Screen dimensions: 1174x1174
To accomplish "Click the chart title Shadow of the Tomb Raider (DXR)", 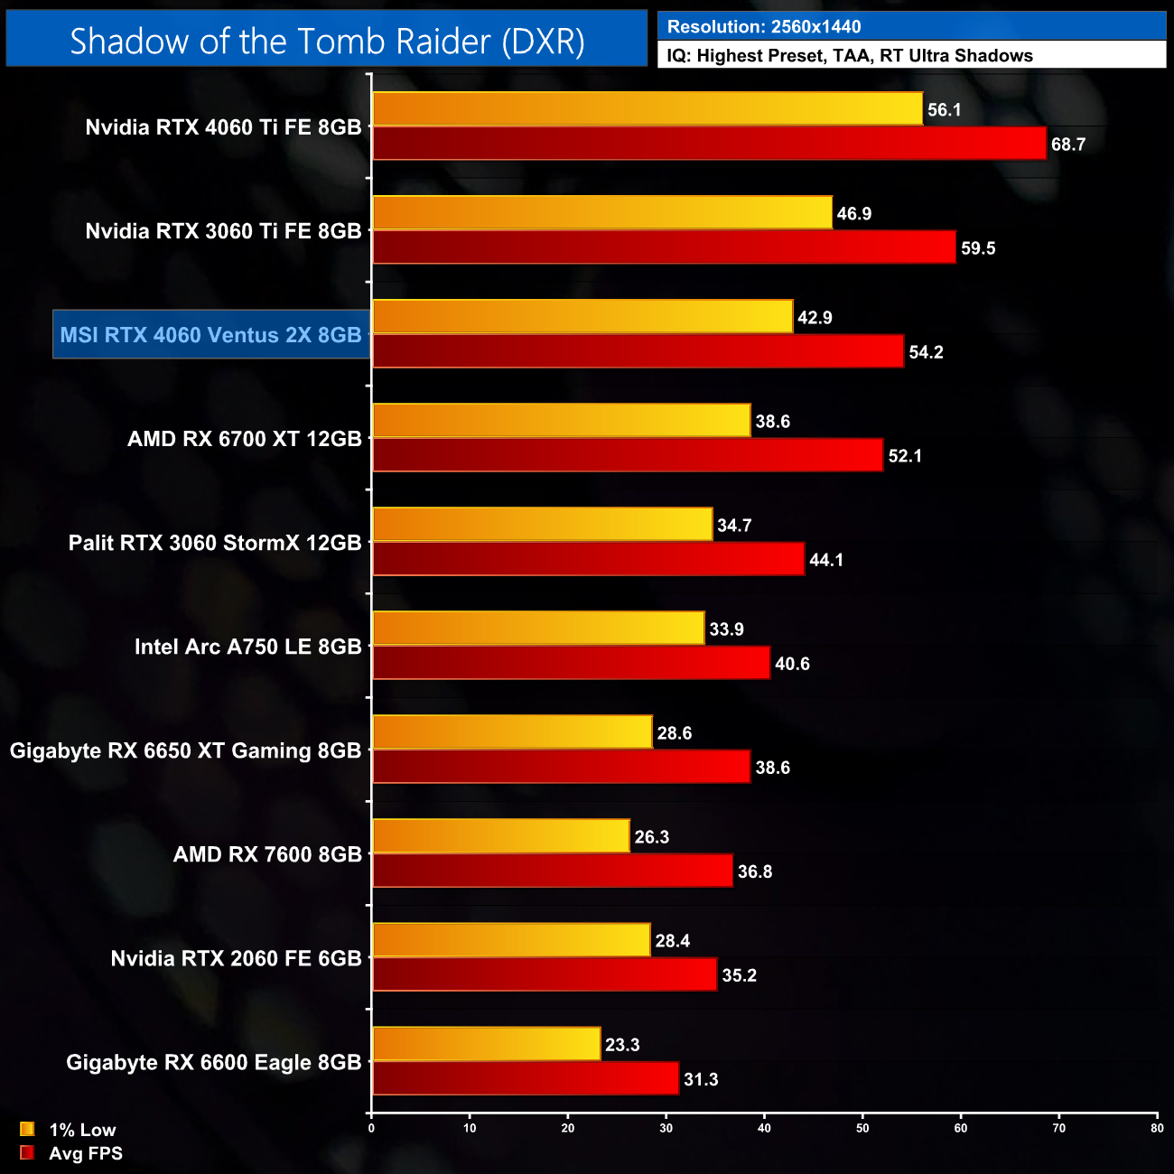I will pos(327,41).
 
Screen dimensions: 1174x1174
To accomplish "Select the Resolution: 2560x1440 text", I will pos(763,27).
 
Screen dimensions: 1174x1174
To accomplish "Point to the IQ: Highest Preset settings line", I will pos(849,56).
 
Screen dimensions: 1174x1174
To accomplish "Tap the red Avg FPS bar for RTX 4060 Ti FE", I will pos(709,144).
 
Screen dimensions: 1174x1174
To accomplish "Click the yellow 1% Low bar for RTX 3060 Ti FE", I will pos(601,213).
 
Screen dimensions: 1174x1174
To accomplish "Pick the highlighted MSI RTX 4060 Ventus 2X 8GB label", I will pos(211,335).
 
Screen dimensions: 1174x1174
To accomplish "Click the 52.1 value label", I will pos(905,456).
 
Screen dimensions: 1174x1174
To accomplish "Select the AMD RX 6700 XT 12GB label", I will pos(244,439).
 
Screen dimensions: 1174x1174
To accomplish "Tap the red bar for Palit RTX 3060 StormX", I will pos(588,559).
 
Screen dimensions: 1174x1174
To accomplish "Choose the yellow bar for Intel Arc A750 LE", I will pos(538,629).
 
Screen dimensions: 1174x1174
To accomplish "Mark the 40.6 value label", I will pos(792,664).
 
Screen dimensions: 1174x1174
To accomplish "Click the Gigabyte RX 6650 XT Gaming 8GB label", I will pos(185,750).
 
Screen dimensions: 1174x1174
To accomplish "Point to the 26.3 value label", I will pos(651,837).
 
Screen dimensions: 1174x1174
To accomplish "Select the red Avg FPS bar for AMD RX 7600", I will pos(552,871).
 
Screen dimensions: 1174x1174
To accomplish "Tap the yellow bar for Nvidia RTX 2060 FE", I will pos(511,940).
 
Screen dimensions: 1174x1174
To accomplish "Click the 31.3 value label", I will pos(701,1079).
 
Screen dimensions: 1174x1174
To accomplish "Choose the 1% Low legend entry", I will pos(81,1130).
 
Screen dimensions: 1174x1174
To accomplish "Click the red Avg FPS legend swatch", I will pos(27,1153).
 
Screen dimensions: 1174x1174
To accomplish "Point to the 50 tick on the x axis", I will pos(862,1128).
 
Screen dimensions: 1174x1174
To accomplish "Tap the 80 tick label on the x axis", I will pos(1157,1128).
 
